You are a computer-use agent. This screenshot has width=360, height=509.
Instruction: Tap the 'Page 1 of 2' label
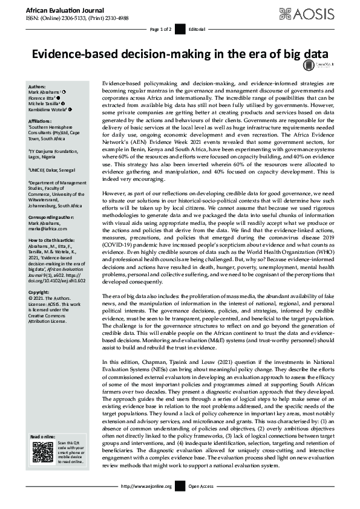point(160,29)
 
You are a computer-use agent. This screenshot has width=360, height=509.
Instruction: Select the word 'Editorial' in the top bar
point(197,29)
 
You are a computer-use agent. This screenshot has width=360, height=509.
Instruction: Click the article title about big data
point(180,53)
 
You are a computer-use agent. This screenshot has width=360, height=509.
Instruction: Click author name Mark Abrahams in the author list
point(48,91)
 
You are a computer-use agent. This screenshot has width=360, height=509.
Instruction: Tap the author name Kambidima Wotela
point(50,109)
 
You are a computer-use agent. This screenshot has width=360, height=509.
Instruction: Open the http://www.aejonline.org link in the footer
point(147,486)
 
